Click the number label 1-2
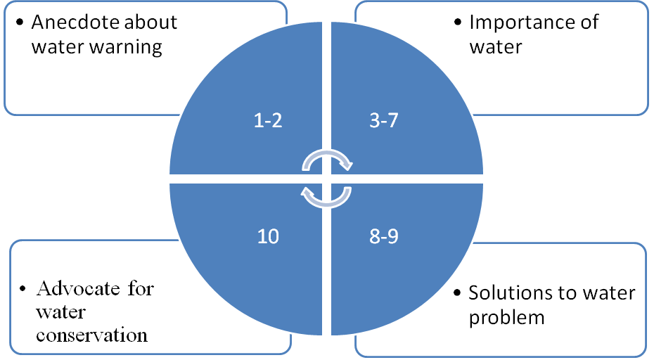point(267,121)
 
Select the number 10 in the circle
point(268,236)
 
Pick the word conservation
point(92,335)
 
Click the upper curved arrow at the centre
point(326,161)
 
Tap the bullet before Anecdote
point(19,22)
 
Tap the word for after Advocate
point(140,288)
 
